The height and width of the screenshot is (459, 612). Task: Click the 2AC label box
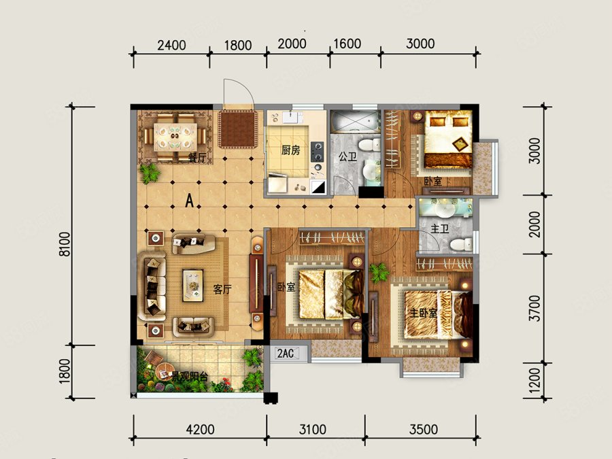point(286,353)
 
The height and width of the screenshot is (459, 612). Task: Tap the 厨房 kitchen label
point(291,150)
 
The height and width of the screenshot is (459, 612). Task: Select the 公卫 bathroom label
point(347,157)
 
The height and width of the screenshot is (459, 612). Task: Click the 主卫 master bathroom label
point(439,228)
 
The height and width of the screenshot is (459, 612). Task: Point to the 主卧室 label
point(423,313)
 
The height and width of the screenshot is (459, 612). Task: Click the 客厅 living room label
point(222,289)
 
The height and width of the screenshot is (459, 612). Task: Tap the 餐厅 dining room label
point(197,158)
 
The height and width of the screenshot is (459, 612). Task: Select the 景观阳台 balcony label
point(190,377)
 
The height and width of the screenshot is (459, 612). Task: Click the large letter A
point(189,201)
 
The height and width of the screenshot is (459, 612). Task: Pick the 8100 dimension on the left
point(65,244)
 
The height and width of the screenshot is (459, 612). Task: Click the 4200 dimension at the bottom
point(200,429)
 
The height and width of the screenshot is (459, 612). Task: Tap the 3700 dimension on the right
point(534,308)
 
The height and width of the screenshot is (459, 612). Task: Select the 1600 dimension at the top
point(347,44)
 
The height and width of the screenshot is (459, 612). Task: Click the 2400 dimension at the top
point(171,46)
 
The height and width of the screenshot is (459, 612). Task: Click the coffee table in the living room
point(193,286)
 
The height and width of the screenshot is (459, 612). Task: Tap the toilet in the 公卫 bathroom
point(369,144)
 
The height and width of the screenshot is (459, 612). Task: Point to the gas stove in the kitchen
point(318,152)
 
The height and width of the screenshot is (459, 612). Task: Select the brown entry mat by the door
point(237,129)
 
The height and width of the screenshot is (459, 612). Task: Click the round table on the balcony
point(165,371)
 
